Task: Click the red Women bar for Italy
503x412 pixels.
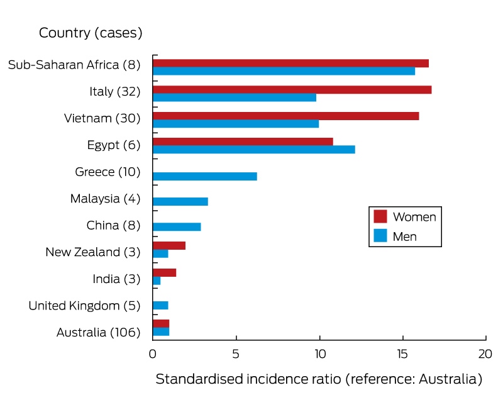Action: tap(292, 89)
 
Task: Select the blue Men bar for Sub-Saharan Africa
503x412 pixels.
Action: tap(284, 71)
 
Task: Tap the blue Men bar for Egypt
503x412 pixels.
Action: tap(254, 150)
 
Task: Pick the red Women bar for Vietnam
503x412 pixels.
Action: tap(286, 116)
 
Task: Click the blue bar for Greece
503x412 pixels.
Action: tap(205, 177)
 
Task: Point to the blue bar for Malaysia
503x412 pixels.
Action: tap(180, 201)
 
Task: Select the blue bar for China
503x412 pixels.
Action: tap(177, 227)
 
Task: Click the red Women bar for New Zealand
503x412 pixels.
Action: tap(169, 246)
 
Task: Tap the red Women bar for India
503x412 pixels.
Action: tap(165, 273)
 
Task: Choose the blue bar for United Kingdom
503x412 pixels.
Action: tap(160, 306)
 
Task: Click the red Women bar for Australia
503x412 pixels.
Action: tap(161, 324)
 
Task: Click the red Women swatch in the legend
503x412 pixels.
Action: tap(380, 216)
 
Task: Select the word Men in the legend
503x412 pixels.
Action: tap(405, 237)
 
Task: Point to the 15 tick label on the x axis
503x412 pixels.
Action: tap(402, 354)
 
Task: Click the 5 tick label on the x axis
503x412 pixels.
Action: tap(236, 354)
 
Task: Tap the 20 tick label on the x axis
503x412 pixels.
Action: tap(485, 354)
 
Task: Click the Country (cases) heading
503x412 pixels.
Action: tap(91, 33)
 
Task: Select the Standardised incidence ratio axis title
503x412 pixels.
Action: tap(319, 379)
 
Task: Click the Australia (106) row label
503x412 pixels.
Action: tap(99, 332)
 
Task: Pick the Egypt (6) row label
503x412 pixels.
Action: tap(114, 145)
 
